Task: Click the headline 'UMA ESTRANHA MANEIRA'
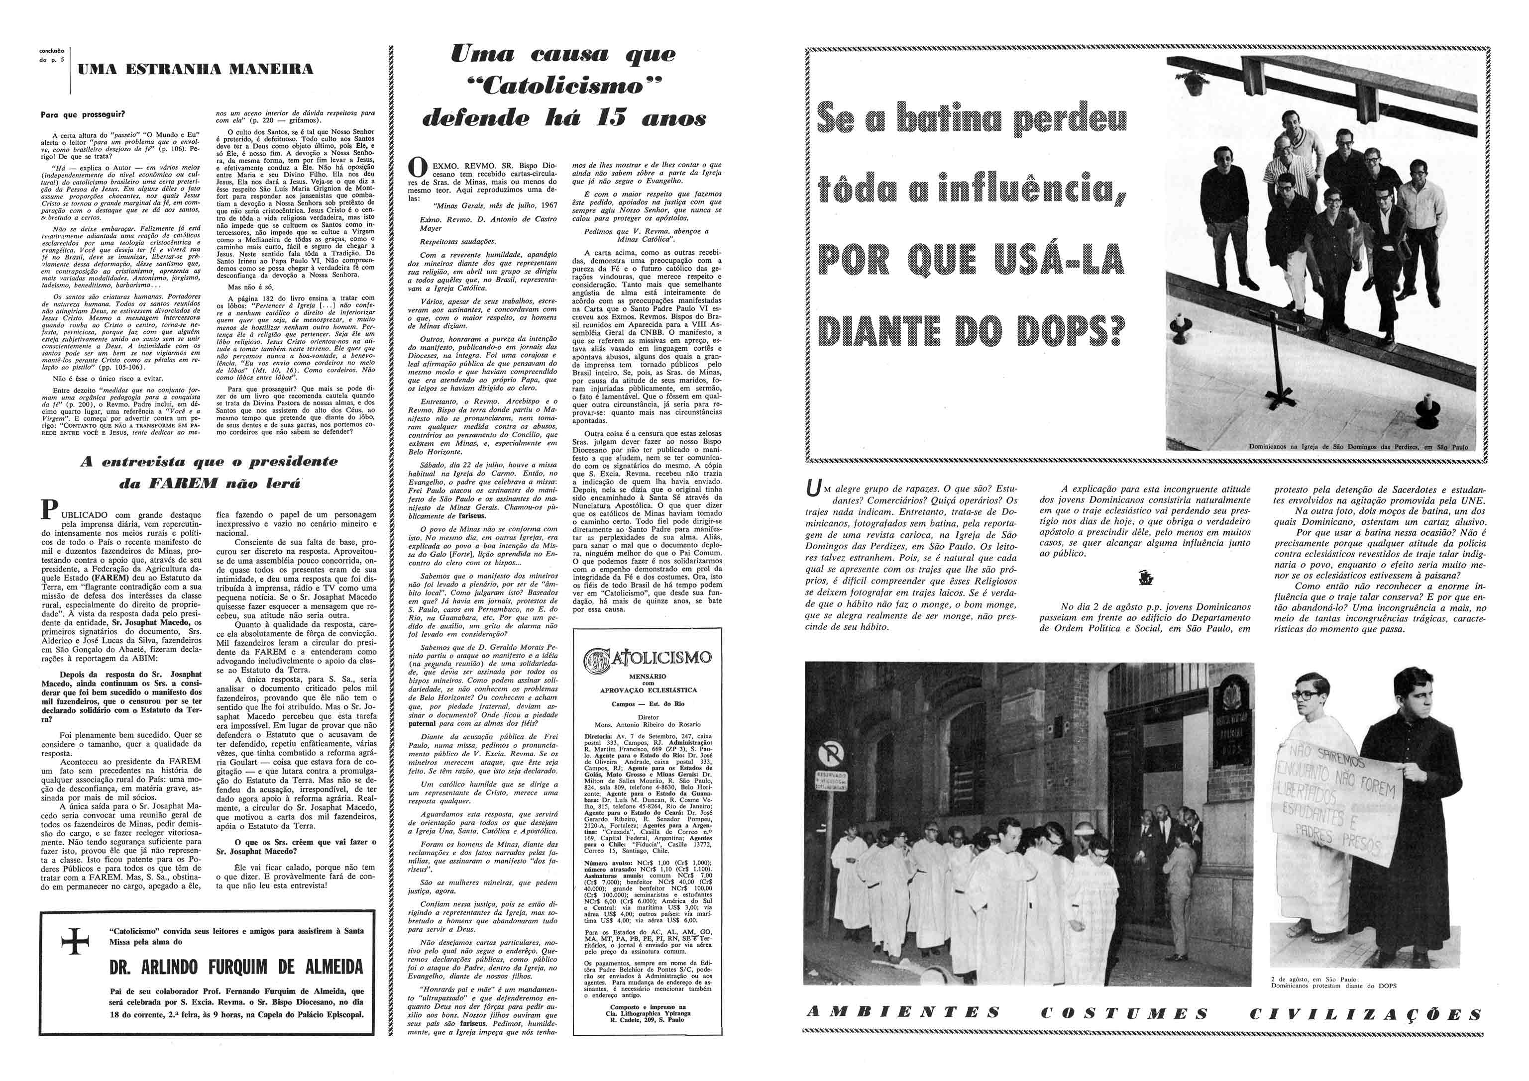(x=195, y=69)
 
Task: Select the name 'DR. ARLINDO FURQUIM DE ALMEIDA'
(x=236, y=966)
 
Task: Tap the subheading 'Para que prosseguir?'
(x=83, y=114)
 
